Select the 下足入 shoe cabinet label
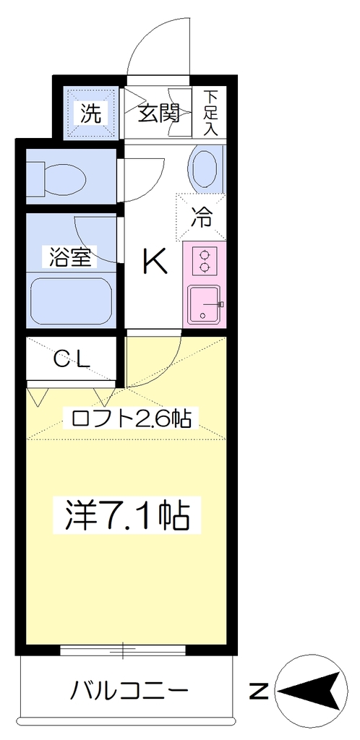point(210,113)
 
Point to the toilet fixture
point(56,176)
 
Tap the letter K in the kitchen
point(155,262)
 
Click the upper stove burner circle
point(205,256)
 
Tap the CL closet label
point(72,360)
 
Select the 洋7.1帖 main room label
point(127,515)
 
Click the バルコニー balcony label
point(129,692)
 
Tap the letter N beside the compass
point(259,692)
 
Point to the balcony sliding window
point(123,651)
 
